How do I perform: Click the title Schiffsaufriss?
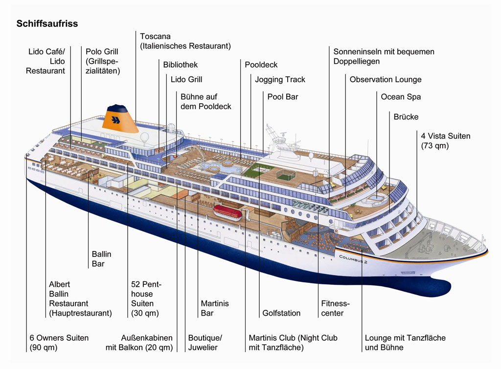tap(47, 23)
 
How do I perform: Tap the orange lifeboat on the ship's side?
tap(229, 211)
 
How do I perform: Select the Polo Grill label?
tap(103, 61)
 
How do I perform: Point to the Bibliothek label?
tap(180, 65)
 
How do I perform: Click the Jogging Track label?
tap(280, 79)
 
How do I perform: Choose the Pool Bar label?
tap(282, 96)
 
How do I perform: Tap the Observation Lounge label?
tap(385, 79)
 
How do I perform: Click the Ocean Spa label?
tap(401, 96)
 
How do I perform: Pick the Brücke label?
tap(406, 116)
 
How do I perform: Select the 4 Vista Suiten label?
tap(445, 140)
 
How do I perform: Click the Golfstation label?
tap(281, 313)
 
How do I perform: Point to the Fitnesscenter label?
tap(335, 308)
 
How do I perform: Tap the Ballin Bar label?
tap(102, 259)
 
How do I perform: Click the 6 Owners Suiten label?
tap(59, 343)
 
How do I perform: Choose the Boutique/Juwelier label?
tap(205, 343)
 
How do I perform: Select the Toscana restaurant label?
tap(185, 41)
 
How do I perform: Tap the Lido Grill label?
tap(186, 79)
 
